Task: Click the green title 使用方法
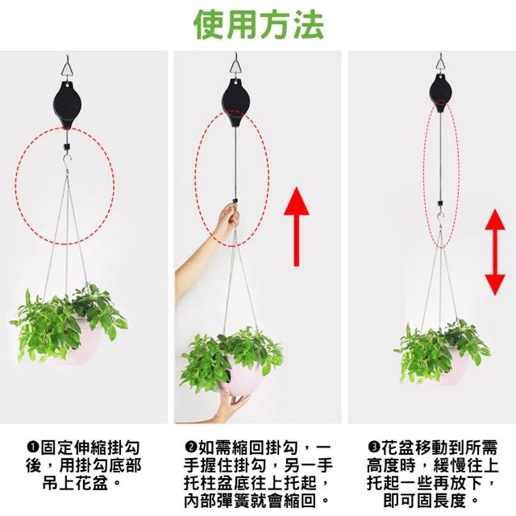[x=259, y=25]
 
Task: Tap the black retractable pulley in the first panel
[x=67, y=105]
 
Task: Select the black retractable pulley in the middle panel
[x=235, y=102]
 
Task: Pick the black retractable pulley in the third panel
[x=440, y=93]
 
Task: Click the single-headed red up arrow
[x=297, y=227]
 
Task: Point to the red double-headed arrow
[x=495, y=252]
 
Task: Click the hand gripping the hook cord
[x=227, y=221]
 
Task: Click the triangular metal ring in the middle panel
[x=236, y=67]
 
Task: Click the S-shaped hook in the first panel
[x=67, y=160]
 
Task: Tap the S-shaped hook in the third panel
[x=440, y=217]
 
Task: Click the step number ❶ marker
[x=33, y=447]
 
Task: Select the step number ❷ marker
[x=191, y=447]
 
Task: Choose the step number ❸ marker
[x=374, y=447]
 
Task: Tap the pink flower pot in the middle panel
[x=242, y=375]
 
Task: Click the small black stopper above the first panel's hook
[x=67, y=146]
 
